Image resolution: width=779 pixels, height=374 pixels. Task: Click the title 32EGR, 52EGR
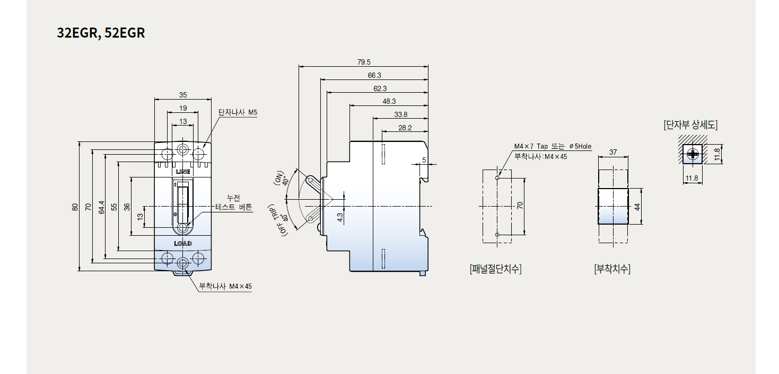pyautogui.click(x=101, y=33)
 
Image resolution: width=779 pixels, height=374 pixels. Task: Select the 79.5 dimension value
pyautogui.click(x=364, y=63)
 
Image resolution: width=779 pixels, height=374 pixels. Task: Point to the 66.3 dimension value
pyautogui.click(x=374, y=76)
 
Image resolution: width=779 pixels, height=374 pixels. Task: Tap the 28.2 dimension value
pyautogui.click(x=405, y=128)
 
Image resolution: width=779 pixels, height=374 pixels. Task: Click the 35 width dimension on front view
pyautogui.click(x=183, y=95)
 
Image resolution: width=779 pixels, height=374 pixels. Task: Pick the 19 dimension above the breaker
pyautogui.click(x=183, y=108)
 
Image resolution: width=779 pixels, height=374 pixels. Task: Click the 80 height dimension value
pyautogui.click(x=75, y=207)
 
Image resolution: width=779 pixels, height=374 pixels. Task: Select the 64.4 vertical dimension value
pyautogui.click(x=101, y=207)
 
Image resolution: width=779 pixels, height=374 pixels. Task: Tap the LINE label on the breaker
pyautogui.click(x=183, y=172)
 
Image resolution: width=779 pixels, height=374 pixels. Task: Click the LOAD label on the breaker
pyautogui.click(x=183, y=243)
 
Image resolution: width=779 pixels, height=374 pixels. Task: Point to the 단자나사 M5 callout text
pyautogui.click(x=238, y=113)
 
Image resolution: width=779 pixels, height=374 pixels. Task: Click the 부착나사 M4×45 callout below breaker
pyautogui.click(x=225, y=287)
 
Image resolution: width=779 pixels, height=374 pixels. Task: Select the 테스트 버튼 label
pyautogui.click(x=234, y=207)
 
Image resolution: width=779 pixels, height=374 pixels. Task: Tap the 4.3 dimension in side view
pyautogui.click(x=340, y=216)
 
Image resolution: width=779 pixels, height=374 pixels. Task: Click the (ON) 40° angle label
pyautogui.click(x=283, y=179)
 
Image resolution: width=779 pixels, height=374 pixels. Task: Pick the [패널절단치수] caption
pyautogui.click(x=495, y=269)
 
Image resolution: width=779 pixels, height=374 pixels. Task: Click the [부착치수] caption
pyautogui.click(x=612, y=269)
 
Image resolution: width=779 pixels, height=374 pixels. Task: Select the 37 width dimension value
pyautogui.click(x=613, y=152)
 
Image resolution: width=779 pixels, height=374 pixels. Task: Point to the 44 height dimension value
pyautogui.click(x=638, y=206)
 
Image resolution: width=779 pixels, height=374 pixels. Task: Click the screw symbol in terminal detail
pyautogui.click(x=692, y=154)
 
